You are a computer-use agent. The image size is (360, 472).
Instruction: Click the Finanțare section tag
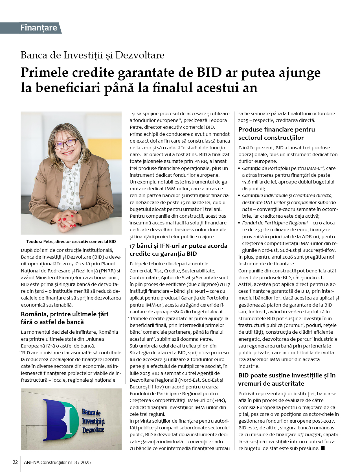pos(38,28)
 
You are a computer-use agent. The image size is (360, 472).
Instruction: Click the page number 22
pos(15,462)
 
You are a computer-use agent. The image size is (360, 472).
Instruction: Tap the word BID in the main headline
pos(209,73)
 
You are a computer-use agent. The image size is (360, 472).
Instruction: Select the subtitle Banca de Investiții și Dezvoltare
pos(93,55)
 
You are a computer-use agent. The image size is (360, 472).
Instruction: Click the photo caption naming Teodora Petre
pos(71,242)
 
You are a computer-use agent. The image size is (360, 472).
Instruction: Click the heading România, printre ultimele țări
pos(65,318)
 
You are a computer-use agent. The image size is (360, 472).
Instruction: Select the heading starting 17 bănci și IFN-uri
pos(178,250)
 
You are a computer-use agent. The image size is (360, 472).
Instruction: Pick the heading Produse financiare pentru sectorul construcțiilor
pos(276,134)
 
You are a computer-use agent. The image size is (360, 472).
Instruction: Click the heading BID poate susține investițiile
pos(287,379)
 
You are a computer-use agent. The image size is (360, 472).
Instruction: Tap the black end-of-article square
pos(323,448)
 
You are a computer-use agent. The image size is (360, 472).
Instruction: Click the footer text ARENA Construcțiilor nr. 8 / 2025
pos(57,462)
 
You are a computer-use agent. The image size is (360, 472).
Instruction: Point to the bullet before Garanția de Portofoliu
pos(240,169)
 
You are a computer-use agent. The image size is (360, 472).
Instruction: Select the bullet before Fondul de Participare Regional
pos(240,223)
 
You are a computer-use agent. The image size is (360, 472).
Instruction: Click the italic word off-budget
pos(309,435)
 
